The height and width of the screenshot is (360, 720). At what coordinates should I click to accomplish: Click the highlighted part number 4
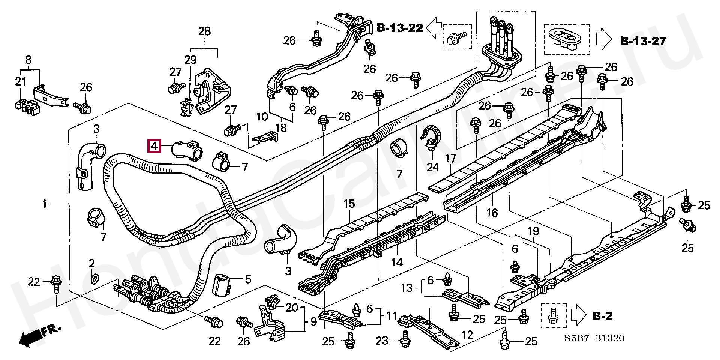tap(155, 145)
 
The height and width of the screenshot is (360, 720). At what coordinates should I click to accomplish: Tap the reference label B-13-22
tap(400, 28)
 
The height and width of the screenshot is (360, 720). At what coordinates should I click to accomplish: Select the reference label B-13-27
tap(643, 41)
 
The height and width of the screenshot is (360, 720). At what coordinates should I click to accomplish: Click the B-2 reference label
tap(602, 316)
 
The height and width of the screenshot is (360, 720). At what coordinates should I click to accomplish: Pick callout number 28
tap(204, 31)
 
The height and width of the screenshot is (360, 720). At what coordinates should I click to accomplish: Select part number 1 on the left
tap(45, 204)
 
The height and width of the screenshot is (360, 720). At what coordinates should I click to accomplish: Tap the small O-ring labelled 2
tap(95, 279)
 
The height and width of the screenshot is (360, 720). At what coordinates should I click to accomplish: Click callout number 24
tap(432, 167)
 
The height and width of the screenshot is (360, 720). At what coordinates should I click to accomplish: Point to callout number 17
tap(450, 159)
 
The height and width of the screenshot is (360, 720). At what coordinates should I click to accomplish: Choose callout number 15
tap(349, 204)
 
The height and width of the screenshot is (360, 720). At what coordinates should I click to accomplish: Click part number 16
tap(492, 213)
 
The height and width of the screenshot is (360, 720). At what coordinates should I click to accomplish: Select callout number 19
tap(533, 231)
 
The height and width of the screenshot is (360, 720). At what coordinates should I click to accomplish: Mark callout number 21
tap(21, 81)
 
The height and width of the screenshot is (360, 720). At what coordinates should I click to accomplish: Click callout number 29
tap(190, 60)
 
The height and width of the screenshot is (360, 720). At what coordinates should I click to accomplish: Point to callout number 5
tap(248, 279)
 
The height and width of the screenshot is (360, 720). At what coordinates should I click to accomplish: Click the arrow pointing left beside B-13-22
tap(433, 28)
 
